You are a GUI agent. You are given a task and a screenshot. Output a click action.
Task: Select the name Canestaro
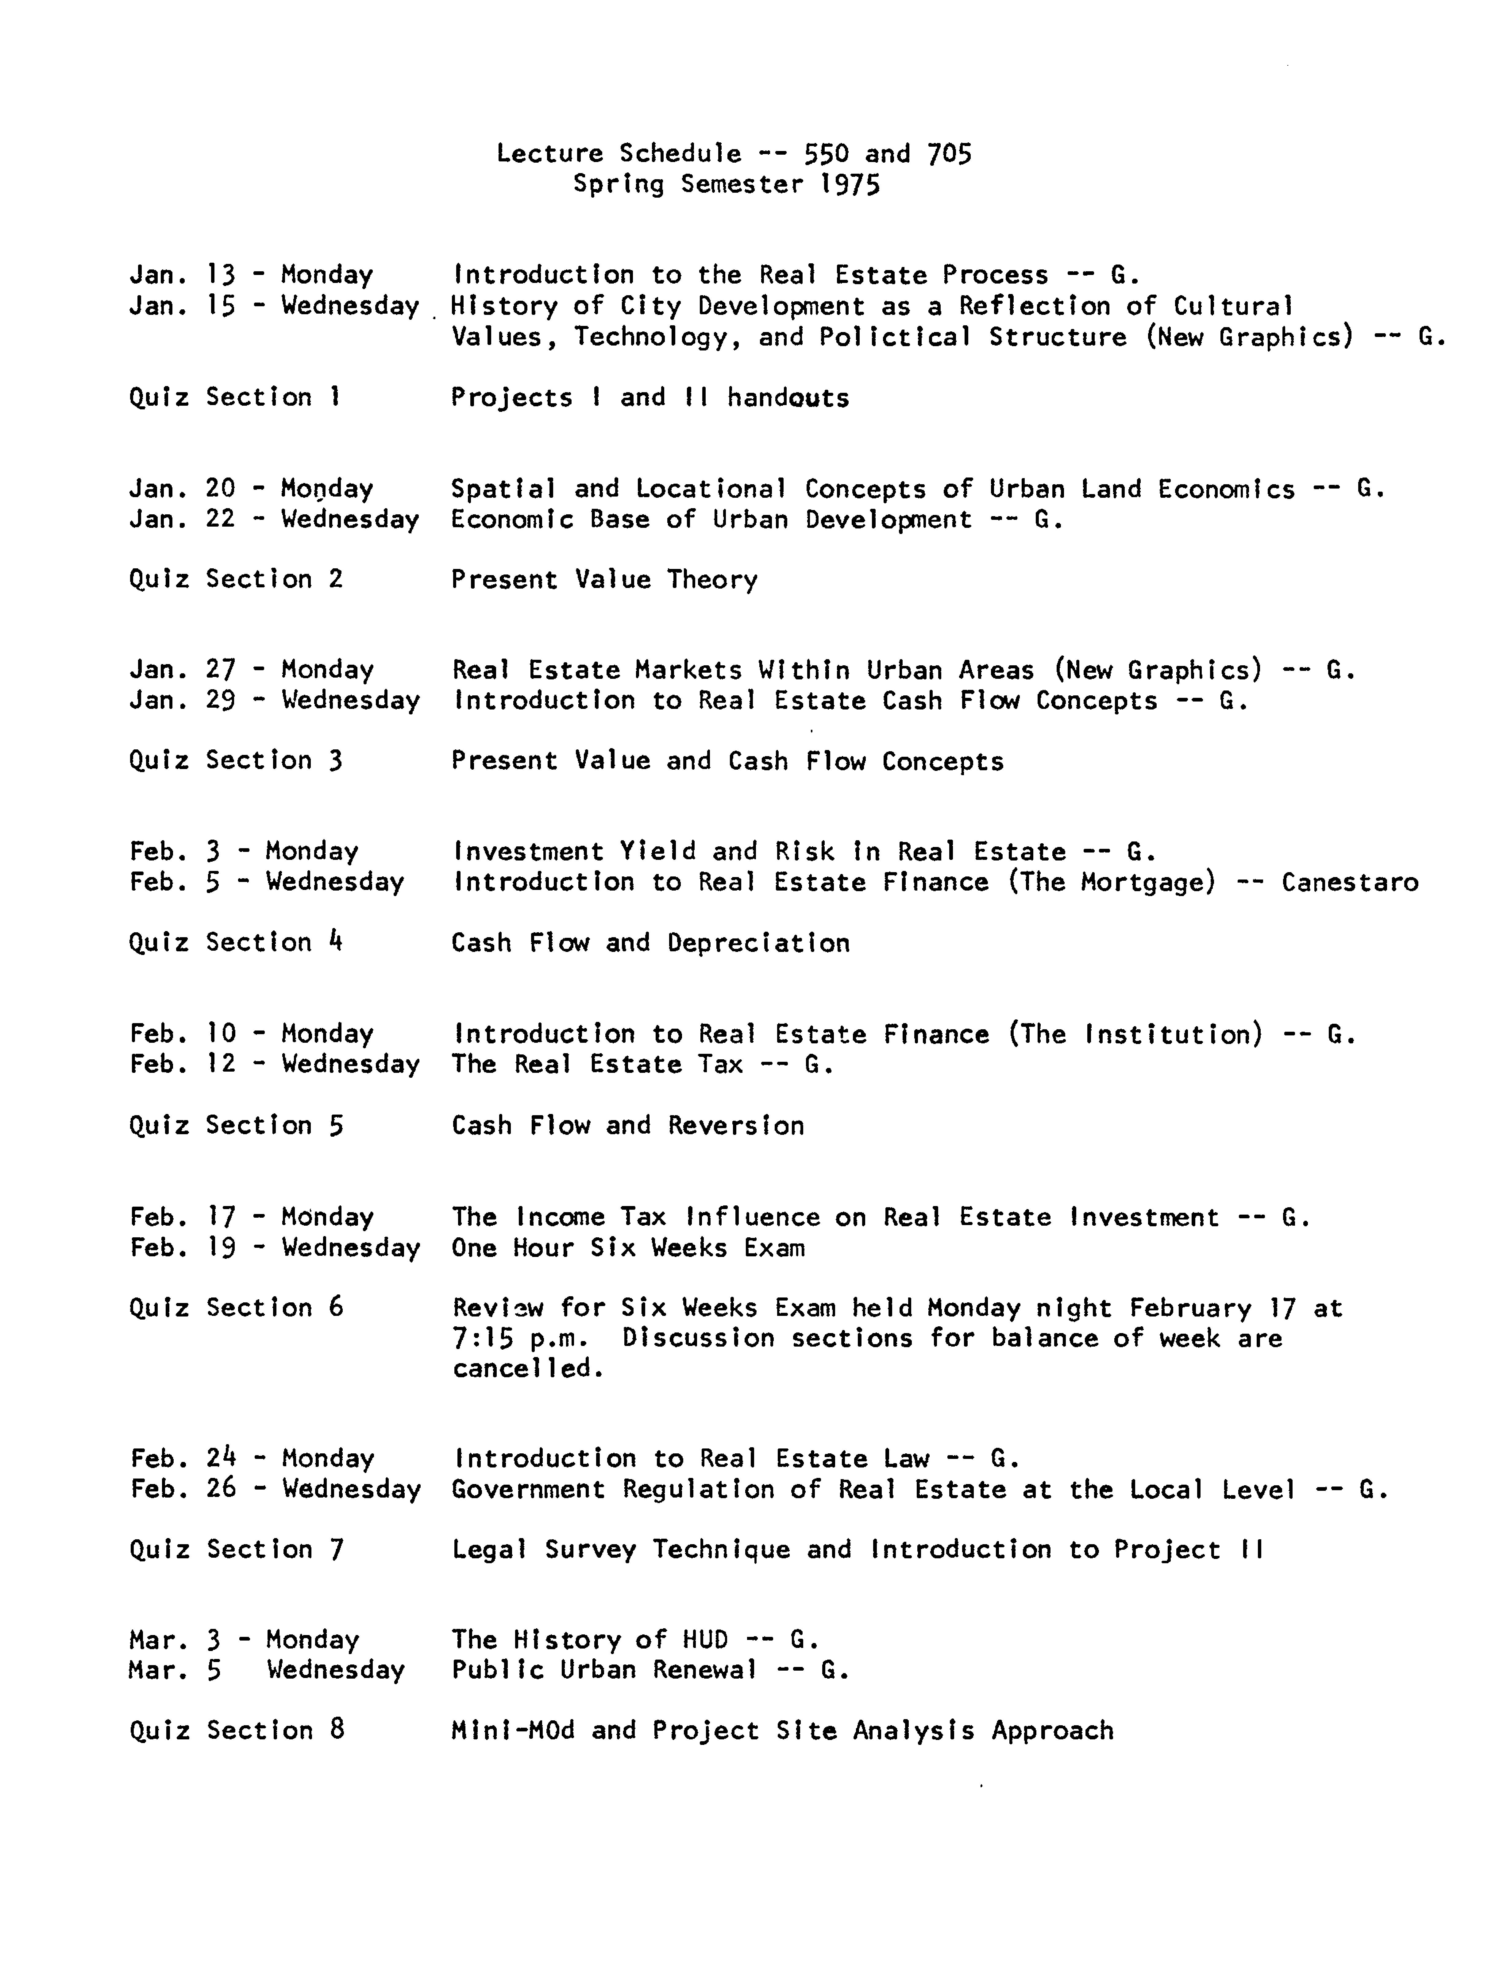click(1349, 882)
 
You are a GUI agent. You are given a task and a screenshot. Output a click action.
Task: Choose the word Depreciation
click(758, 943)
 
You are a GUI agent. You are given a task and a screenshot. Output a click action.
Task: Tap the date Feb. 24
click(183, 1458)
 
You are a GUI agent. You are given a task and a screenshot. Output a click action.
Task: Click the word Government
click(528, 1489)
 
